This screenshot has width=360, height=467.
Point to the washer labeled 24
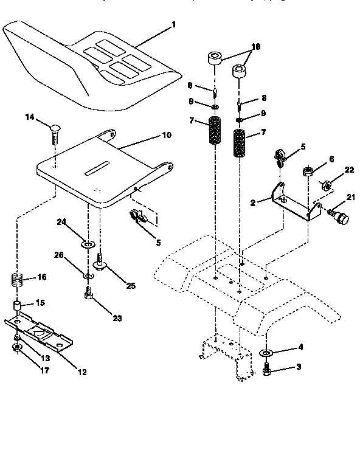click(87, 245)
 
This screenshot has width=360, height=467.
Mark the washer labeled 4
click(266, 353)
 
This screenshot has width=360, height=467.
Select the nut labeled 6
click(308, 172)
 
